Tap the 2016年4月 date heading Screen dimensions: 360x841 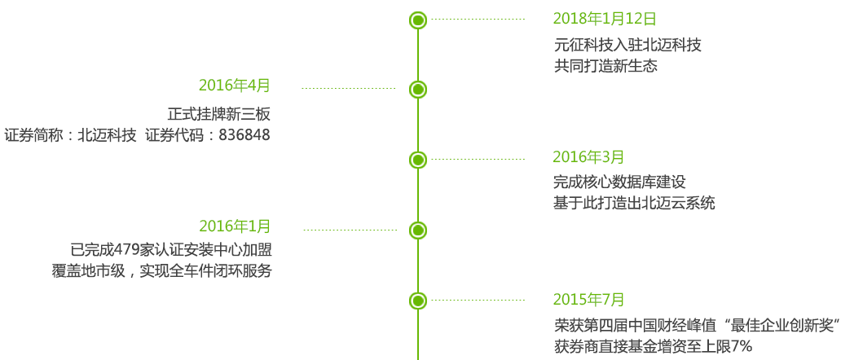234,86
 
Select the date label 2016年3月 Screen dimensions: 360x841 588,157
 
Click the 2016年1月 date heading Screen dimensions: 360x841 235,226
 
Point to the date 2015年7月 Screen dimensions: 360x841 588,299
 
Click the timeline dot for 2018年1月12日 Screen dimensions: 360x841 418,20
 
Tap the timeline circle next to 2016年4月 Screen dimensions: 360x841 418,90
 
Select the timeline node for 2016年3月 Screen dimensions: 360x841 418,160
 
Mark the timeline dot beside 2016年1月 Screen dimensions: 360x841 418,230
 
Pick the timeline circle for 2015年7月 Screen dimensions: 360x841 418,301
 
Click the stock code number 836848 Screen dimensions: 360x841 244,135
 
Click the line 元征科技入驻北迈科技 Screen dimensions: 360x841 627,46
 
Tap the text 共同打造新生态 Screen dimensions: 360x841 605,67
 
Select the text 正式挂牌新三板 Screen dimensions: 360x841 218,114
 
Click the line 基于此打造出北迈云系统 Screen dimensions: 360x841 634,204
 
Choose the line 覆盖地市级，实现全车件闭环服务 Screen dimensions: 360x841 161,271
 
